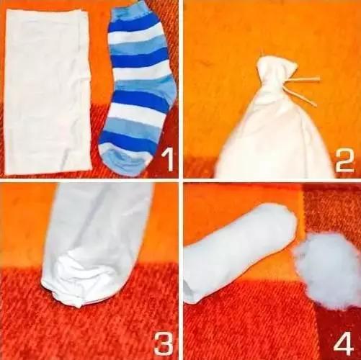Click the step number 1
coord(167,160)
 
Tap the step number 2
coord(344,160)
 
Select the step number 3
coord(164,343)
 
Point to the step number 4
coord(344,343)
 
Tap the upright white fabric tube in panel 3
coord(96,240)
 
